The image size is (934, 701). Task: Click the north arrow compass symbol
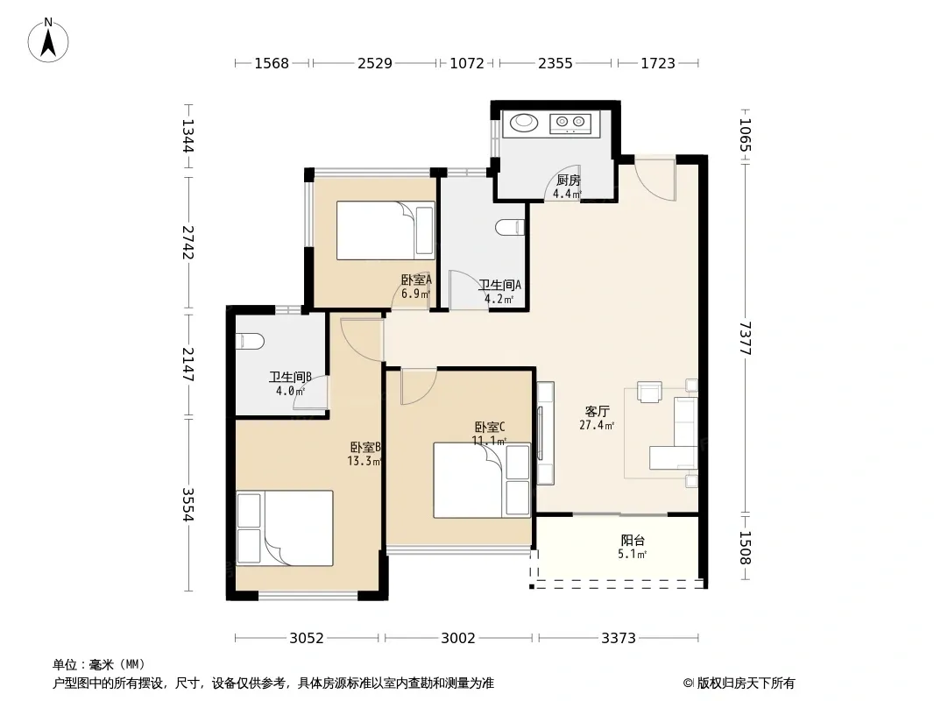click(x=48, y=40)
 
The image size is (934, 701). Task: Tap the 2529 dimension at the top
click(x=375, y=63)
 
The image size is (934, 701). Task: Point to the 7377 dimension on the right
click(x=745, y=337)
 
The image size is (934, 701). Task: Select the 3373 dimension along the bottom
click(x=619, y=638)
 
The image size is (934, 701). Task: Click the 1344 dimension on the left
click(x=188, y=136)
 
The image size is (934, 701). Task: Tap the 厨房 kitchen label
click(x=569, y=180)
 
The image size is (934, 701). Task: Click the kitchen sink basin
click(x=524, y=122)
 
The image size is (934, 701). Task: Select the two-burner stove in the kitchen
click(x=570, y=124)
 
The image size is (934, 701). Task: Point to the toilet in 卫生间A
click(x=510, y=228)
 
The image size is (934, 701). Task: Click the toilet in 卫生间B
click(x=251, y=341)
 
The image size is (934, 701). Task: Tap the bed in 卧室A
click(x=386, y=230)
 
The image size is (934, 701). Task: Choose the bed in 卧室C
click(x=482, y=480)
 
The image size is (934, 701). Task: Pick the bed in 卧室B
click(x=285, y=528)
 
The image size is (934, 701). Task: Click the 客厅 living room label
click(x=597, y=412)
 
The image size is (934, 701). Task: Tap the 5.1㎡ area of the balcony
click(x=632, y=555)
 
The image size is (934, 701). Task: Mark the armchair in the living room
click(x=649, y=392)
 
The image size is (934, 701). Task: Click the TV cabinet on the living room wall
click(x=546, y=433)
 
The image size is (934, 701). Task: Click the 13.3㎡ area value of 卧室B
click(x=364, y=461)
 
